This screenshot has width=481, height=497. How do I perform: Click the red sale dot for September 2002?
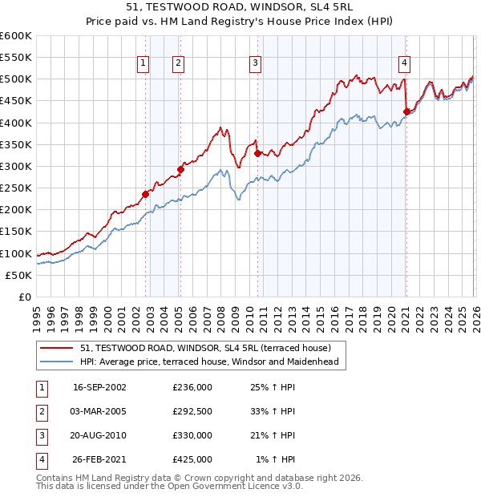click(146, 194)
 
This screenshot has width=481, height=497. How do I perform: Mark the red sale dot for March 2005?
click(180, 169)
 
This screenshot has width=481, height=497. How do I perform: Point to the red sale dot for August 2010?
click(257, 153)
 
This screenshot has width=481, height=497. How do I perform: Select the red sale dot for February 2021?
click(406, 111)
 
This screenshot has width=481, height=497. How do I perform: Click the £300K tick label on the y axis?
click(16, 166)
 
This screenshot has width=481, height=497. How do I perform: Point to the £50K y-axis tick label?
click(19, 275)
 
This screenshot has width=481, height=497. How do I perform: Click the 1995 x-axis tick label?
click(37, 317)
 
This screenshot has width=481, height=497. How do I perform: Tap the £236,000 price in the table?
click(192, 386)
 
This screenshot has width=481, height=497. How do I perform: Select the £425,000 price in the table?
click(192, 459)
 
